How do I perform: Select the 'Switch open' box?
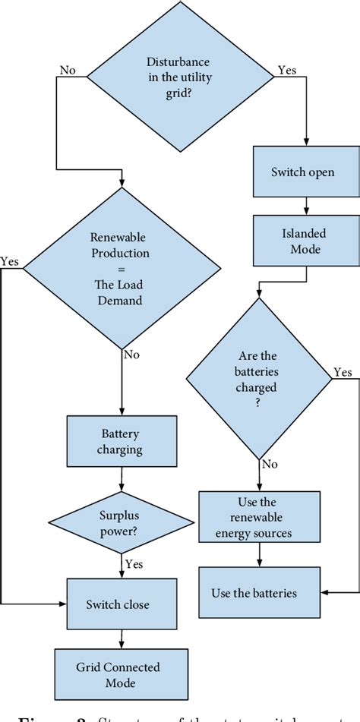point(302,173)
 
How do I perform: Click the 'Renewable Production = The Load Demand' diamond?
point(122,268)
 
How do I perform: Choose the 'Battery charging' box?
point(122,442)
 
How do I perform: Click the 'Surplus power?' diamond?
point(122,523)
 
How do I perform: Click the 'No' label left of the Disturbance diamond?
point(68,70)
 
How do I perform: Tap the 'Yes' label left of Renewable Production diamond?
point(10,260)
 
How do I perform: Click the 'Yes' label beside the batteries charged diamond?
point(343,372)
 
